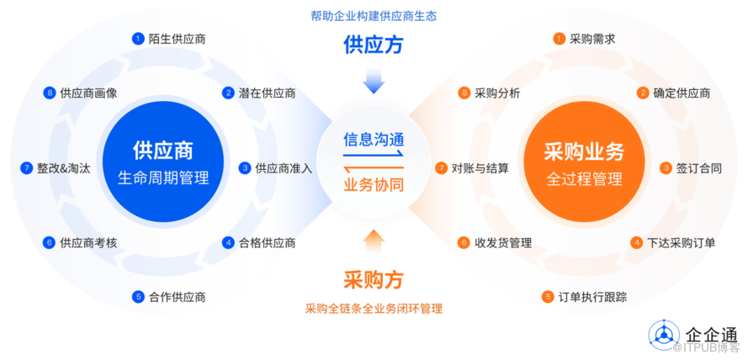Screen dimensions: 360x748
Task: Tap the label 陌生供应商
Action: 177,39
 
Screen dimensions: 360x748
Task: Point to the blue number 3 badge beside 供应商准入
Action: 245,167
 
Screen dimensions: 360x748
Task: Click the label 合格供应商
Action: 267,243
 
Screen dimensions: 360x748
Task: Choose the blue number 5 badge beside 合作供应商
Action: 138,296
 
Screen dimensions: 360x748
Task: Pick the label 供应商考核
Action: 88,243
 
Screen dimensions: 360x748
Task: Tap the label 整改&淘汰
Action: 65,167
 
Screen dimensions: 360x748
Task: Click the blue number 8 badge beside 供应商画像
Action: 50,93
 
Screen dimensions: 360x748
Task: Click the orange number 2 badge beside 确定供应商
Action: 643,93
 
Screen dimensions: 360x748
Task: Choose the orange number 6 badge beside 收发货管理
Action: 464,243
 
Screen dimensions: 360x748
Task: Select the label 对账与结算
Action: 480,167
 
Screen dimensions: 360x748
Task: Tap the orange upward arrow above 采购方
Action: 374,240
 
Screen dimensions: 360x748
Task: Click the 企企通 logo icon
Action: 664,334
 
